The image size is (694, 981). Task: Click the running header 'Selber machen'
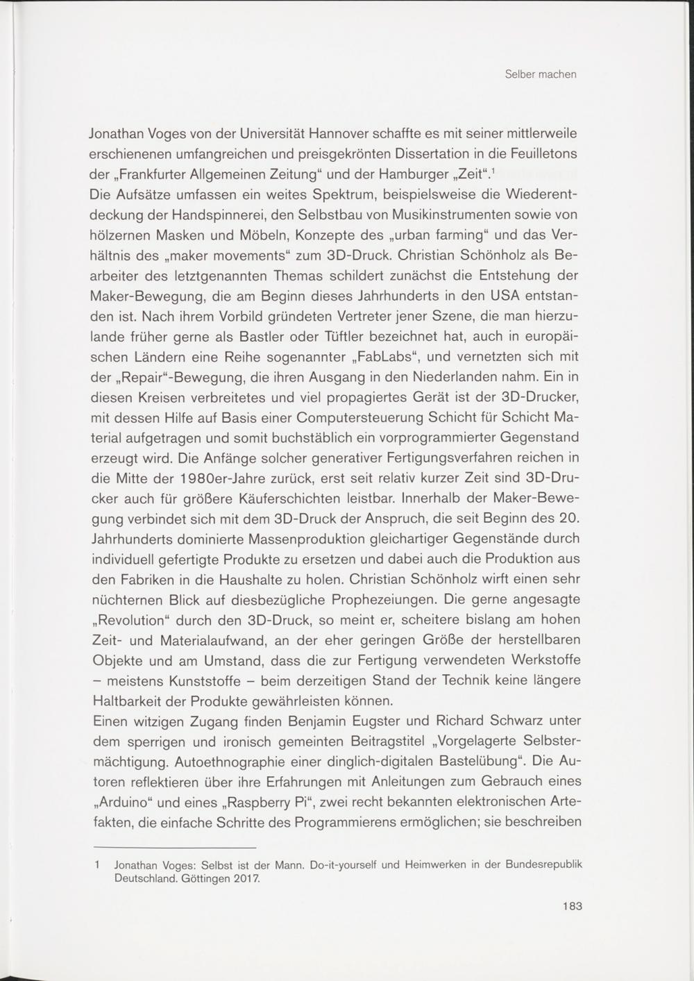tap(541, 74)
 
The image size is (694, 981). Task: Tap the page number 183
tap(572, 905)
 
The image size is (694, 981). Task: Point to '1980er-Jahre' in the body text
tap(211, 480)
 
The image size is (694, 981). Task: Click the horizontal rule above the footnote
tap(174, 848)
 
